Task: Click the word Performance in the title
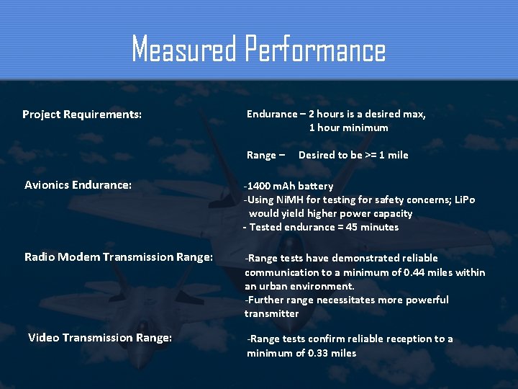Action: pos(315,50)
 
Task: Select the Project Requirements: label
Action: pos(82,115)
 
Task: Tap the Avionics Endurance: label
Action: pos(78,185)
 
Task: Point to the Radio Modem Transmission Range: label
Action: pos(119,256)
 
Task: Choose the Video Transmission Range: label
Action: pos(100,337)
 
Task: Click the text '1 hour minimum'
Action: pos(348,128)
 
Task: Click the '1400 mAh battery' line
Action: pos(288,186)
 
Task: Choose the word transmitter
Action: pos(271,313)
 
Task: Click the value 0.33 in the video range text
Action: pos(318,353)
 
